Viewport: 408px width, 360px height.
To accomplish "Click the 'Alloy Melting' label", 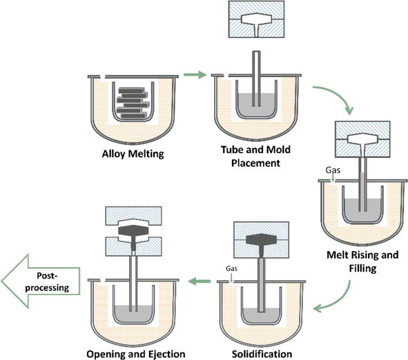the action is (133, 154).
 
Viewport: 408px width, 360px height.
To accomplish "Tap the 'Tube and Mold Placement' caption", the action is (256, 157).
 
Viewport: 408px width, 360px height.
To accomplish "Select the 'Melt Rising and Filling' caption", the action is (362, 261).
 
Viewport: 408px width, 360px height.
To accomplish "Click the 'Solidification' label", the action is (262, 354).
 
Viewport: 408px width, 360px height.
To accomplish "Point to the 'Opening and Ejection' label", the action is (136, 354).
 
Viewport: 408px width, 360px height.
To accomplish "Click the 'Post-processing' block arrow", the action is (41, 281).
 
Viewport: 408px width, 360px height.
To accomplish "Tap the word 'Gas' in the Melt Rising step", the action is (333, 170).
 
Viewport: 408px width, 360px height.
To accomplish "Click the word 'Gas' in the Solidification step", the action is (231, 268).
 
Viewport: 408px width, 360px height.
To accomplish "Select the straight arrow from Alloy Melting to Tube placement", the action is (195, 75).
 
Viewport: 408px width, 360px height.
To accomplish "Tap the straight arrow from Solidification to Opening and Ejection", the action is (200, 281).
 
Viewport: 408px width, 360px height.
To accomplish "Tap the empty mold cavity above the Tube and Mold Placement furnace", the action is (256, 23).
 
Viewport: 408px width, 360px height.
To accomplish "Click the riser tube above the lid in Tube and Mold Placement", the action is (256, 63).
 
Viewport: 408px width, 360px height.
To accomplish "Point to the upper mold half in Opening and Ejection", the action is (133, 217).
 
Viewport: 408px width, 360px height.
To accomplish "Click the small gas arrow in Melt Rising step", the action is (333, 179).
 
